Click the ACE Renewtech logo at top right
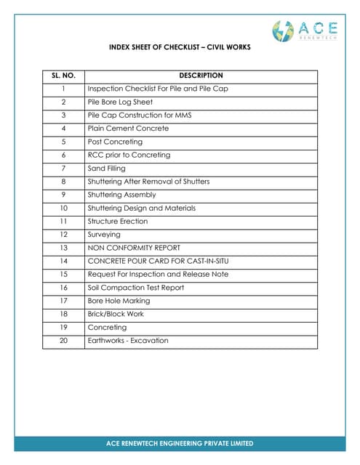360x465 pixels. (305, 31)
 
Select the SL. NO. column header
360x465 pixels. (63, 76)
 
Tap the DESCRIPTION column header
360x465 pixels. (201, 76)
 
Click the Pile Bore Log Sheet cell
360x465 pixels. (120, 102)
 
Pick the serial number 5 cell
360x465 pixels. (63, 142)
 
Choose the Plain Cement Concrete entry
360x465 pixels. (128, 129)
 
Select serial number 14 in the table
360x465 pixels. (63, 261)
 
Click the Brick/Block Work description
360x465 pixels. (116, 314)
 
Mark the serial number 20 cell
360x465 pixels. (63, 340)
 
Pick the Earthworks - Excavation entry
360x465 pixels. (128, 340)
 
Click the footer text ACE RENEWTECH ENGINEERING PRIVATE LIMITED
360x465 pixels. (180, 443)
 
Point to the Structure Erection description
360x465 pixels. (118, 221)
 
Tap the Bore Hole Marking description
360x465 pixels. (119, 301)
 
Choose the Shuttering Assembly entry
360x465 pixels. (121, 195)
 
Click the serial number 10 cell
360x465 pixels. (63, 208)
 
